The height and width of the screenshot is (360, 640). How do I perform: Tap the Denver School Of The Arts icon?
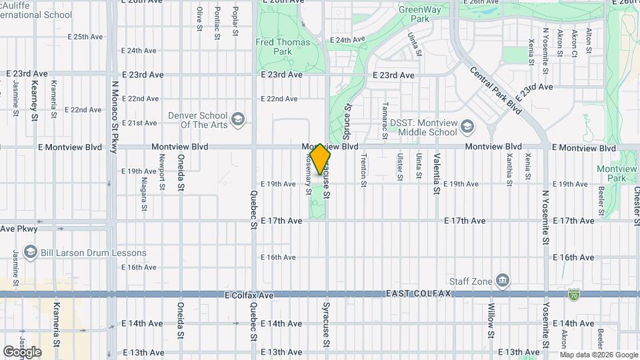(238, 121)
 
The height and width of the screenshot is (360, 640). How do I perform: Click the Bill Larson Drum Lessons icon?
(30, 253)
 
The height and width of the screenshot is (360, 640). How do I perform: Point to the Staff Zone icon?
(503, 279)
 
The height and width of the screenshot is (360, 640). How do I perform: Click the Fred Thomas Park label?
(283, 47)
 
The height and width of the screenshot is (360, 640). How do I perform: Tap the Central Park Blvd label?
(496, 90)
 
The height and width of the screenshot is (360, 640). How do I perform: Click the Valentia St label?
(437, 173)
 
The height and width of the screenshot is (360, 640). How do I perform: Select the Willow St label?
(491, 320)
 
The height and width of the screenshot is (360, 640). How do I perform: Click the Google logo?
(22, 352)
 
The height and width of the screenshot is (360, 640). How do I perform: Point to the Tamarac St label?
(385, 115)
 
